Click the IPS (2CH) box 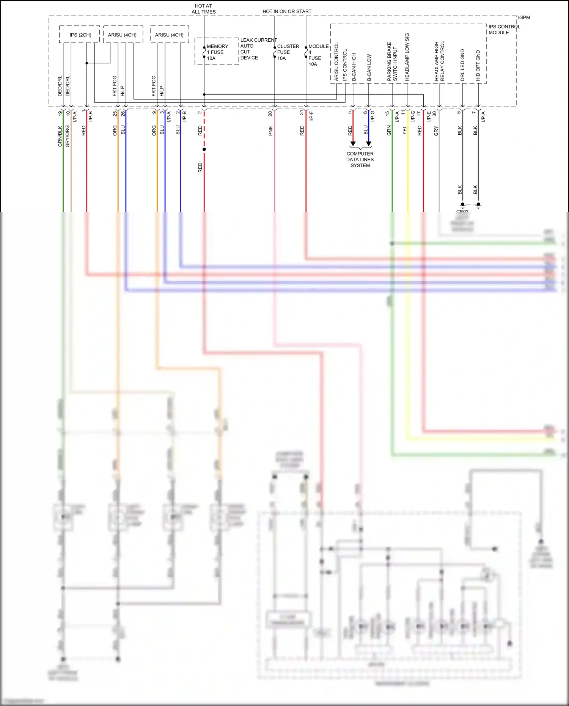click(x=80, y=35)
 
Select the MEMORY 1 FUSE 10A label click(x=217, y=52)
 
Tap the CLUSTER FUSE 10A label click(x=288, y=52)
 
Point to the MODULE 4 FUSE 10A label click(x=318, y=55)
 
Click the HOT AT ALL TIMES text click(x=203, y=9)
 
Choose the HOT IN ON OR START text click(x=287, y=11)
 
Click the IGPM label click(x=524, y=17)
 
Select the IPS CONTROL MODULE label click(x=504, y=30)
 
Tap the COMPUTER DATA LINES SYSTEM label click(x=360, y=159)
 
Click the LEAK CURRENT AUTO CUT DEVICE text click(x=258, y=49)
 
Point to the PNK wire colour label click(x=270, y=131)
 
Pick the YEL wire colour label click(x=404, y=130)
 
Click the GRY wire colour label click(x=436, y=131)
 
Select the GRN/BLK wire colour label click(x=60, y=136)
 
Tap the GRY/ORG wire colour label click(x=68, y=136)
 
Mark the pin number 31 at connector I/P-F click(x=302, y=113)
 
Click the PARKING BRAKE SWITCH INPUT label click(x=392, y=61)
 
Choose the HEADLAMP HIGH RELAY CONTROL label click(x=439, y=61)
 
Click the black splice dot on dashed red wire click(x=204, y=149)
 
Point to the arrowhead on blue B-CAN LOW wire click(x=368, y=144)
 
